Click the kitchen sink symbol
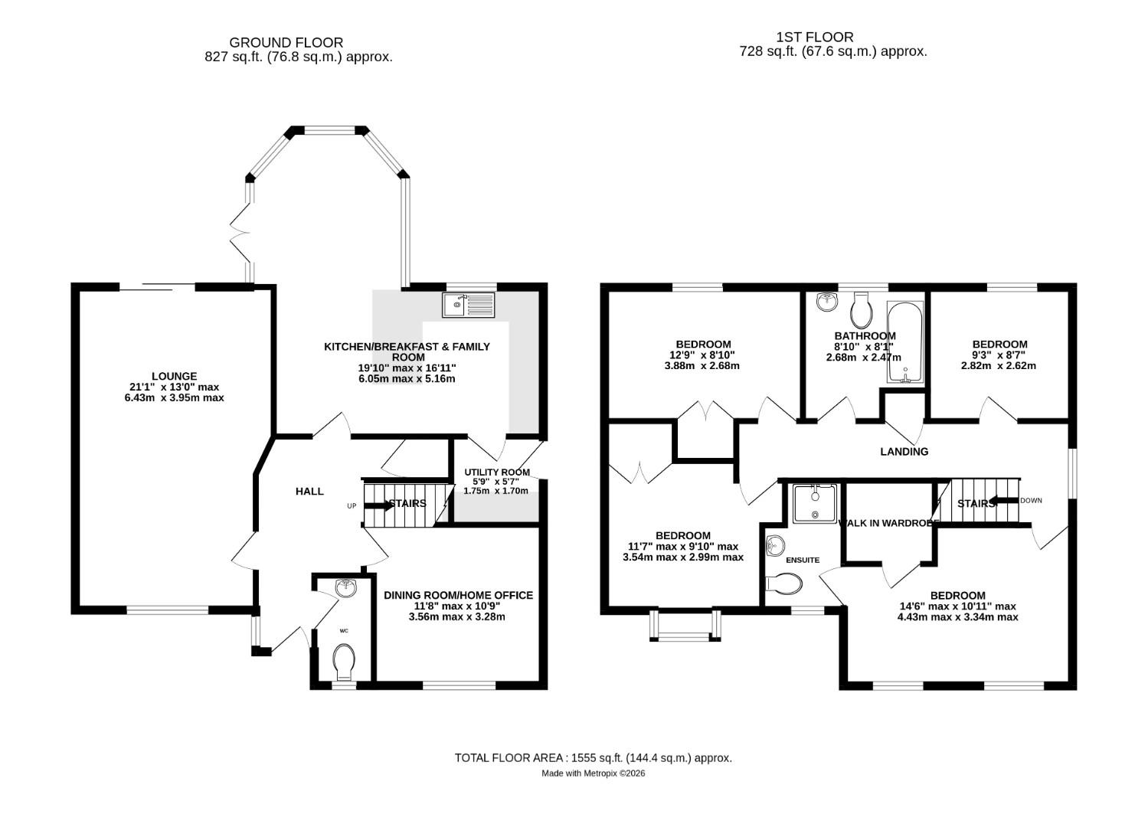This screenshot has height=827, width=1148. (x=469, y=305)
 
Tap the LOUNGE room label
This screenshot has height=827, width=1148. (x=174, y=376)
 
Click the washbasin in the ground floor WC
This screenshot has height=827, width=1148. (x=346, y=588)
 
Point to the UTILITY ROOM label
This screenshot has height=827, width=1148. (x=496, y=472)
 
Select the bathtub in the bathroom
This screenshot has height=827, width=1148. (x=905, y=342)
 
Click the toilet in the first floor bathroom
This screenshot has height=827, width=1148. (x=862, y=309)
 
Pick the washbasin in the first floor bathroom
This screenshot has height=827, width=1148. (x=826, y=302)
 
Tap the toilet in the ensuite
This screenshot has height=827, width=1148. (x=784, y=584)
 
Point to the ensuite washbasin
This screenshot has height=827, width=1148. (x=776, y=546)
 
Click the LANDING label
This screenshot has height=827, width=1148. (x=904, y=452)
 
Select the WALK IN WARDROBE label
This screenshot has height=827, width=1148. (x=888, y=523)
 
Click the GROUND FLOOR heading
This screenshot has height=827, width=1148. (x=286, y=43)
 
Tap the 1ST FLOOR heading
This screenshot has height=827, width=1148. (x=815, y=37)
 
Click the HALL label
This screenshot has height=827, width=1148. (x=309, y=492)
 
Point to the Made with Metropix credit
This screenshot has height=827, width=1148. (x=594, y=773)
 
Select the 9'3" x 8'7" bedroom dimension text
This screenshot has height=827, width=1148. (x=999, y=355)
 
